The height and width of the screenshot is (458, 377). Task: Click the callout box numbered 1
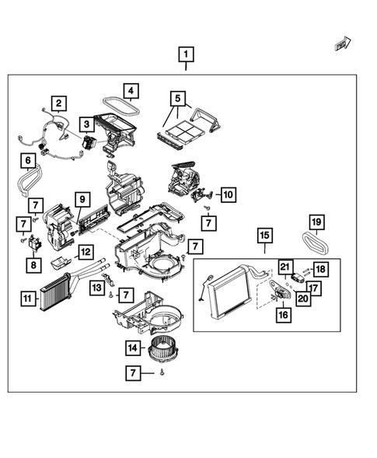(x=185, y=54)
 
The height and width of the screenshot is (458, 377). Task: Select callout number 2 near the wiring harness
(x=59, y=103)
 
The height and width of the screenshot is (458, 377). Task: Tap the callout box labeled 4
(x=131, y=92)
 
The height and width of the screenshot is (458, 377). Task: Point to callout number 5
(x=178, y=99)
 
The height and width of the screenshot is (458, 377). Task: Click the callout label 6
(x=28, y=162)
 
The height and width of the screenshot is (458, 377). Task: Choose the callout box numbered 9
(x=80, y=200)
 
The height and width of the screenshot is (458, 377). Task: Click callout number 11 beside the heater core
(x=28, y=296)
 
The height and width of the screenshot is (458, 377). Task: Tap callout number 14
(x=133, y=348)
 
